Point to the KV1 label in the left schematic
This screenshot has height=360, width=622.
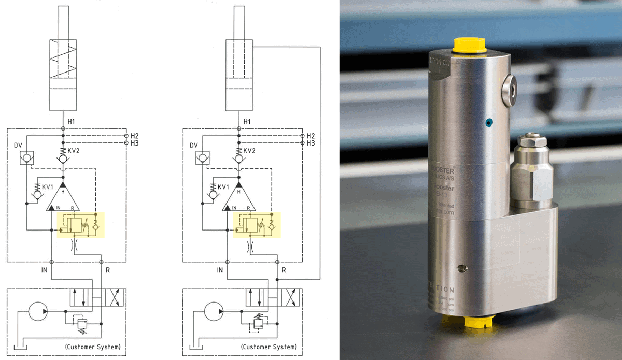(x=48, y=186)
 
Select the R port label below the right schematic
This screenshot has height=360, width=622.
(x=284, y=270)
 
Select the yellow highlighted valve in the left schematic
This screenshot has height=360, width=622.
(x=80, y=224)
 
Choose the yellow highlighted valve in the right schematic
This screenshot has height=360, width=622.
(x=256, y=224)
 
